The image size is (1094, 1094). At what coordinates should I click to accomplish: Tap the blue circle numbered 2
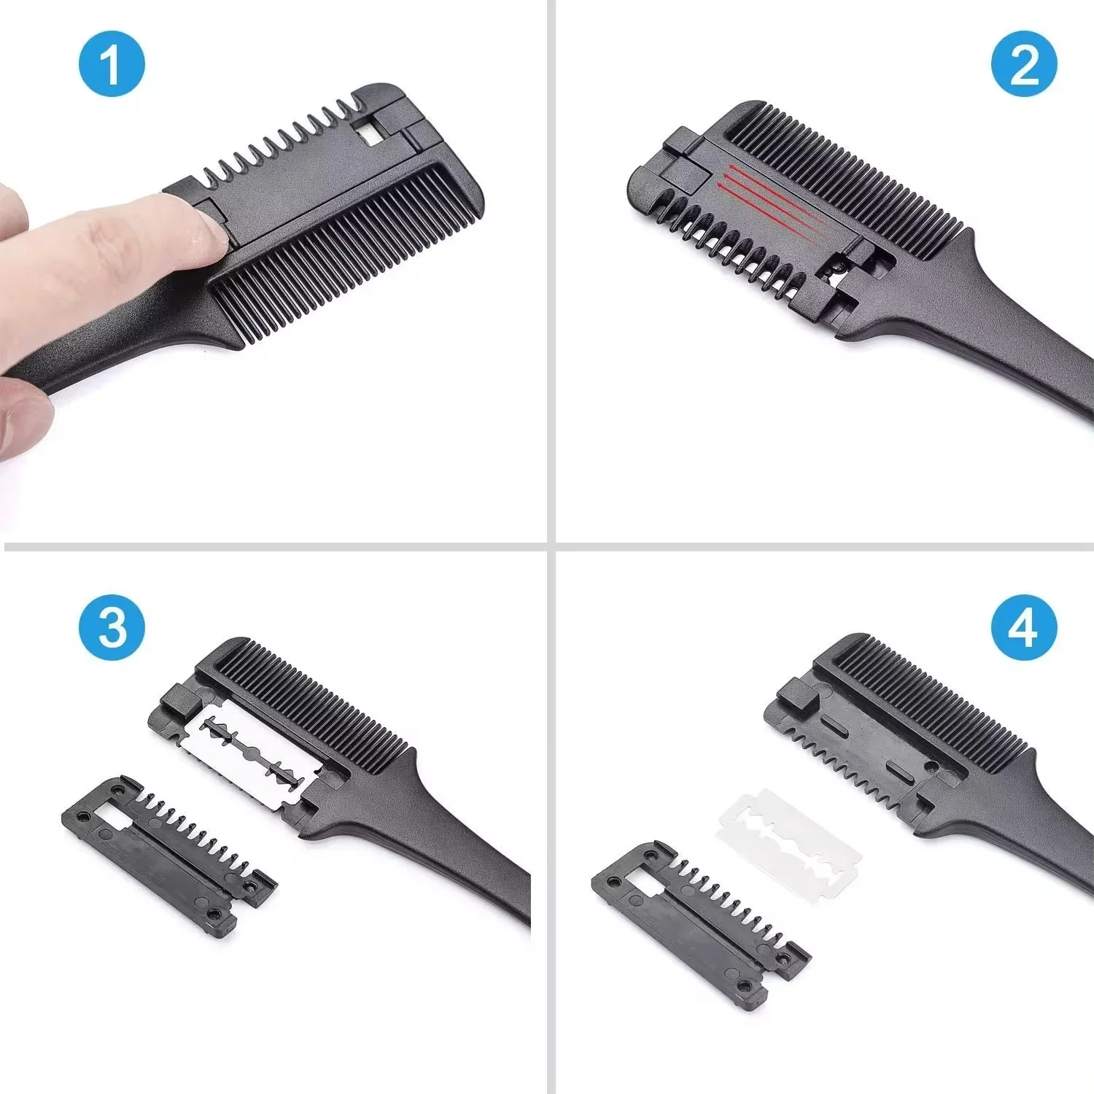pyautogui.click(x=1023, y=63)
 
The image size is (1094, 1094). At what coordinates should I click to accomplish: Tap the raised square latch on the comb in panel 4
pyautogui.click(x=797, y=695)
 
